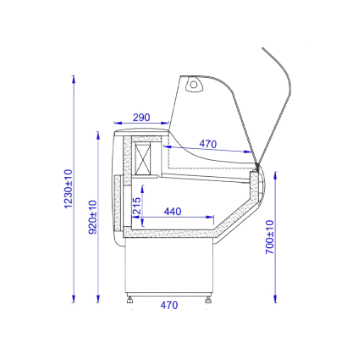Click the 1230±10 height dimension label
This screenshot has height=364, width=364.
pos(69,189)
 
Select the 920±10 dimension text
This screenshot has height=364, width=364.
pos(92,217)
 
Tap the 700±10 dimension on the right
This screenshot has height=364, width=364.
pos(270,237)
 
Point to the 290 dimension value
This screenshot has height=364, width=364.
pos(141,118)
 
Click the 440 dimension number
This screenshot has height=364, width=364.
pos(173,212)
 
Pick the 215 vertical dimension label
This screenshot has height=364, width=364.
pos(136,206)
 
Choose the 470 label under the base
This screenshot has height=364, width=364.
pos(169,305)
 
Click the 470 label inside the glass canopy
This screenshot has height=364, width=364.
pos(208,144)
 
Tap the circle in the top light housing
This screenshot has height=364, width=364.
pos(193,85)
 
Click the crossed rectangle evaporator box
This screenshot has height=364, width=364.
pos(143,158)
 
